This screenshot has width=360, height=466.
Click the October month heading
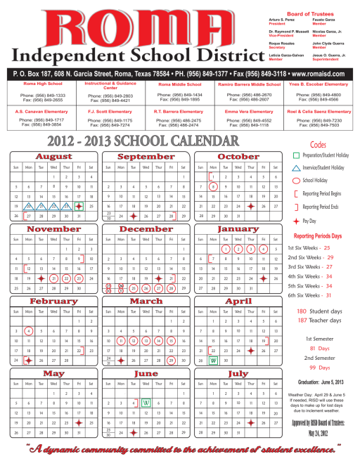(x=238, y=156)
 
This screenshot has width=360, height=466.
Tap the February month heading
(x=49, y=301)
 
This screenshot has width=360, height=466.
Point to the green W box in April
(x=212, y=360)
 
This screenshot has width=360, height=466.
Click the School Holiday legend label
(x=319, y=181)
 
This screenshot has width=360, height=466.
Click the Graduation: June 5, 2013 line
(x=321, y=382)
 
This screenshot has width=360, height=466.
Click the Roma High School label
(x=43, y=84)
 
